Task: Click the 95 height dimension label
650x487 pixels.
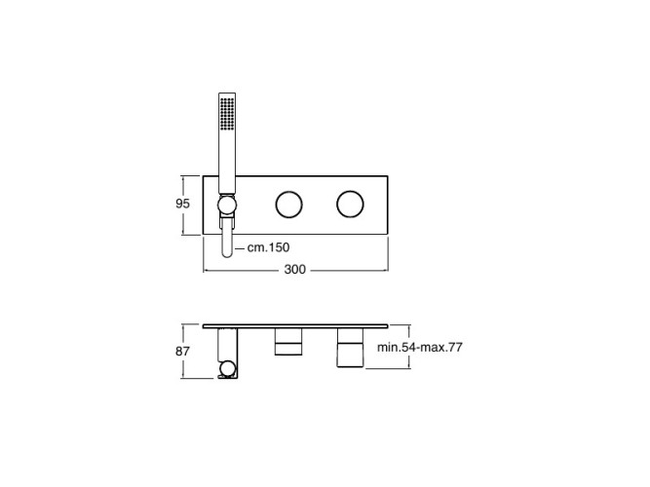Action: (182, 204)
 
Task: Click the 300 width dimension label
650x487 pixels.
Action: (294, 270)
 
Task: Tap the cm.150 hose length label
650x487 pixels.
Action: (268, 247)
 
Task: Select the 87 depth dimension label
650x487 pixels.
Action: (182, 352)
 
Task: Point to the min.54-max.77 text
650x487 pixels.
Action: (419, 348)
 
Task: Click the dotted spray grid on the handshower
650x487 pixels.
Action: (227, 114)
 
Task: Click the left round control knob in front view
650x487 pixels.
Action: (288, 205)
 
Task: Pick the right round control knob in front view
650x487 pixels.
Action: (350, 205)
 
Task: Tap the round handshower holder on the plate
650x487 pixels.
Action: (227, 206)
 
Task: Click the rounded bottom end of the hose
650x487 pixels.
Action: (227, 253)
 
